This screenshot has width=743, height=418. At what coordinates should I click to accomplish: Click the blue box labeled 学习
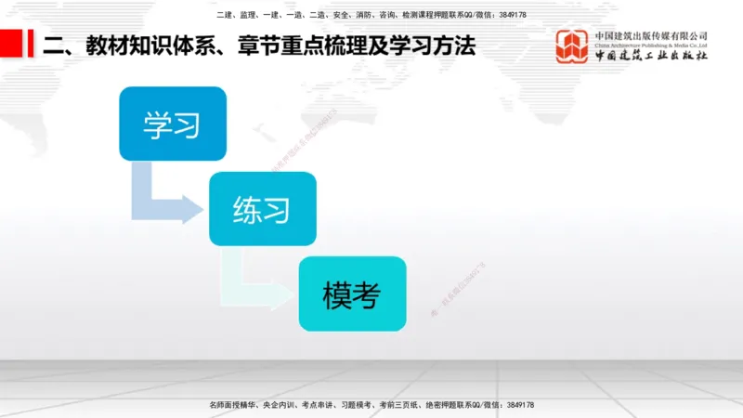(x=173, y=124)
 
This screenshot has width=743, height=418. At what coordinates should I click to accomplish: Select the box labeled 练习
(x=263, y=208)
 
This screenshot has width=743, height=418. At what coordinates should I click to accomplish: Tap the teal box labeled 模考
(x=352, y=294)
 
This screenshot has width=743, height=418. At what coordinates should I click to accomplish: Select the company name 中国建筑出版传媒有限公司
(x=651, y=36)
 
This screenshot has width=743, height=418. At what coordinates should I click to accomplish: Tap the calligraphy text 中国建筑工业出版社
(x=651, y=56)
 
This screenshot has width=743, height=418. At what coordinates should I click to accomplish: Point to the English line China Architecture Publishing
(x=651, y=45)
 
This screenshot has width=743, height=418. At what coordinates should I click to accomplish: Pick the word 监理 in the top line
(x=248, y=15)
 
